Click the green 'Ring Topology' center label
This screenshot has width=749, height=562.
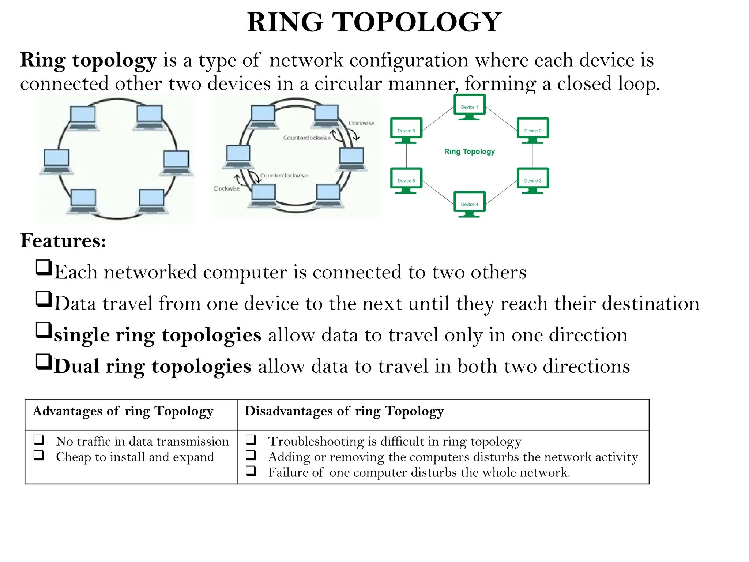(x=470, y=151)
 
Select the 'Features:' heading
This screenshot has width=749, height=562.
(x=63, y=241)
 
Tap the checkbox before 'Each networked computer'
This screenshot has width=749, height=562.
(x=44, y=267)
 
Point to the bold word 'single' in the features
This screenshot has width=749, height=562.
(x=82, y=335)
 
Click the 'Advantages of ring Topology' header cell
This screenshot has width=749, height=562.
(x=123, y=411)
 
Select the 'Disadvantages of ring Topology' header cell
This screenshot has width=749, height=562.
(x=344, y=411)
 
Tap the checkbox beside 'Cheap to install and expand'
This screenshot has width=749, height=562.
(x=39, y=455)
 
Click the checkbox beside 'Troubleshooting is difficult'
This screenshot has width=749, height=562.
(x=251, y=439)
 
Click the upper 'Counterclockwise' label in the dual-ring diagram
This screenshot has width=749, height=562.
(x=307, y=138)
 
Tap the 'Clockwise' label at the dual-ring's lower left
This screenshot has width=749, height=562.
(x=227, y=188)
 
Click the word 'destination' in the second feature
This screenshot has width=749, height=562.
(x=651, y=304)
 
